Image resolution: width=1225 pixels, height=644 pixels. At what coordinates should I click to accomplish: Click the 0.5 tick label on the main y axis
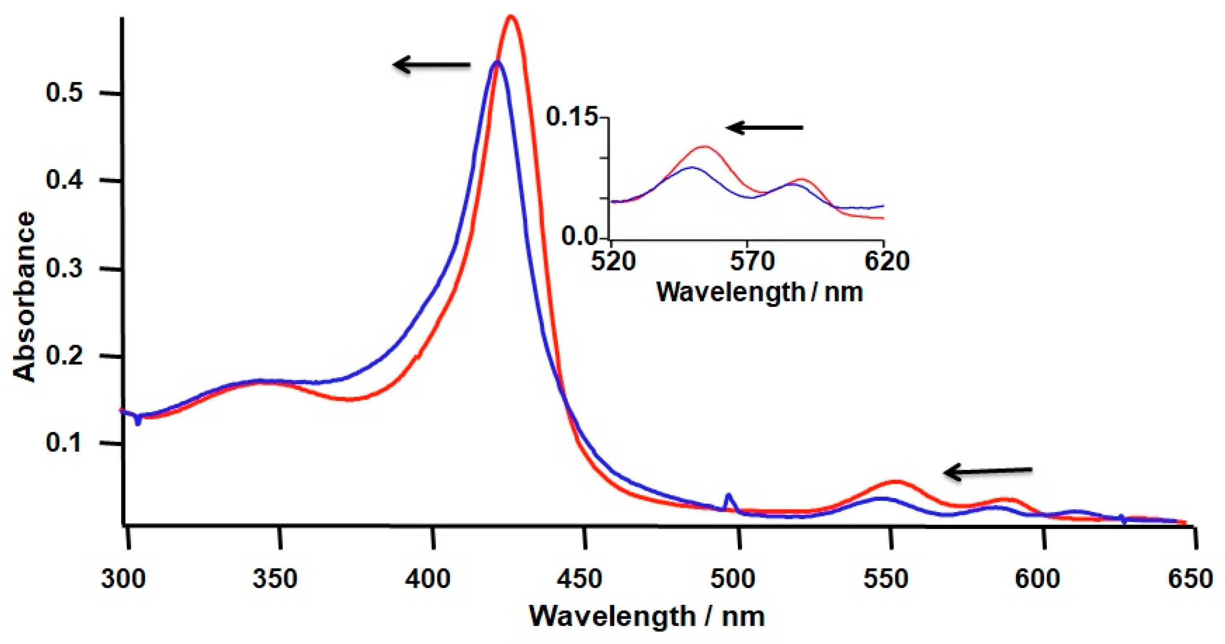pyautogui.click(x=65, y=92)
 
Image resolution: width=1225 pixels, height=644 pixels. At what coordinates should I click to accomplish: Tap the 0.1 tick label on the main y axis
pyautogui.click(x=65, y=443)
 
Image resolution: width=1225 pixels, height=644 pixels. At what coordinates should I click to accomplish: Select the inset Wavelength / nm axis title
pyautogui.click(x=760, y=292)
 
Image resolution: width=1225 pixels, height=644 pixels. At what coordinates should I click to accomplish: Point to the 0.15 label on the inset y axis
pyautogui.click(x=571, y=116)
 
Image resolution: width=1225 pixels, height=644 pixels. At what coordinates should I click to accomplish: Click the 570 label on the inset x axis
pyautogui.click(x=752, y=261)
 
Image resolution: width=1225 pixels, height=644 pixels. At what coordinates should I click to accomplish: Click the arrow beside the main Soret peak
pyautogui.click(x=431, y=65)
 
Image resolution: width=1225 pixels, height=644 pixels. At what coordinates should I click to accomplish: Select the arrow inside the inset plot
pyautogui.click(x=764, y=127)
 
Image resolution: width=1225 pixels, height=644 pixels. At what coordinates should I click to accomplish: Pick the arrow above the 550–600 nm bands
pyautogui.click(x=988, y=471)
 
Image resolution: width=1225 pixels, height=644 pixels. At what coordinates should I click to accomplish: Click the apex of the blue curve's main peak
pyautogui.click(x=497, y=61)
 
